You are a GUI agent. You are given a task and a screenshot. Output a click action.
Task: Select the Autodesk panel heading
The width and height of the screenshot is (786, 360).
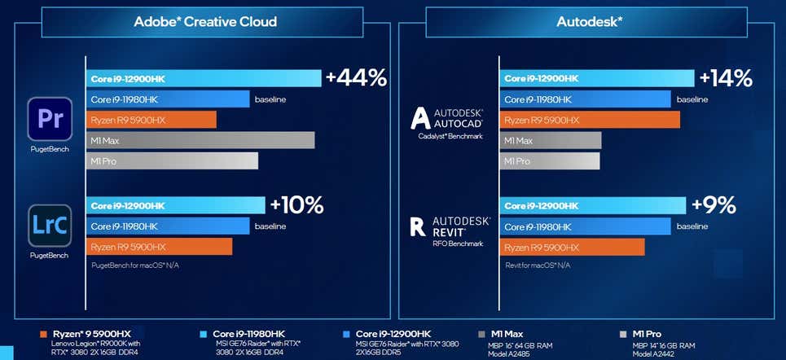tap(589, 21)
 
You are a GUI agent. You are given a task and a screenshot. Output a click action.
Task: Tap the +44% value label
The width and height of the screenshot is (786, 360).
tap(356, 78)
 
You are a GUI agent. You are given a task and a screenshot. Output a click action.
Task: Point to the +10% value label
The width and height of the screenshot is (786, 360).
tap(297, 204)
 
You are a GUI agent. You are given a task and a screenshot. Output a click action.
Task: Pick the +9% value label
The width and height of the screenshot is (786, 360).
tap(714, 204)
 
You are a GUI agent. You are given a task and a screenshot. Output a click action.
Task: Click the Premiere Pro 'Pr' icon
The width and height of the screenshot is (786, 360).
tap(50, 120)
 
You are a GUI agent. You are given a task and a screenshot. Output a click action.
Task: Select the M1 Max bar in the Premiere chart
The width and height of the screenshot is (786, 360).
tap(200, 141)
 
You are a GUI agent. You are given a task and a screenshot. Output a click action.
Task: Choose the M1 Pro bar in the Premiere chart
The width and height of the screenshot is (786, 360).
tap(172, 161)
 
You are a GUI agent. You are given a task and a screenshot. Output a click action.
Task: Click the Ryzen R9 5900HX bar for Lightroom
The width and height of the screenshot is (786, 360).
tap(159, 247)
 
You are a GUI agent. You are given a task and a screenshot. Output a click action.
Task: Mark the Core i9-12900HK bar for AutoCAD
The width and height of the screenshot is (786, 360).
tap(597, 78)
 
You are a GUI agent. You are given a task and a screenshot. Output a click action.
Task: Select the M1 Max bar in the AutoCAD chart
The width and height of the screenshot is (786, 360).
tap(551, 141)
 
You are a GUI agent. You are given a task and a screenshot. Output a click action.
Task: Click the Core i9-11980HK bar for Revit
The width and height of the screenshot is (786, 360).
tap(585, 226)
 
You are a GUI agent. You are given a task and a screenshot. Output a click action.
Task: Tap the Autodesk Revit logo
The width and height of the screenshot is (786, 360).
tap(447, 226)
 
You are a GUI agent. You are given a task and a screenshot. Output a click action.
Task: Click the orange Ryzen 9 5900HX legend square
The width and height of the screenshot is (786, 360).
tap(43, 334)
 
